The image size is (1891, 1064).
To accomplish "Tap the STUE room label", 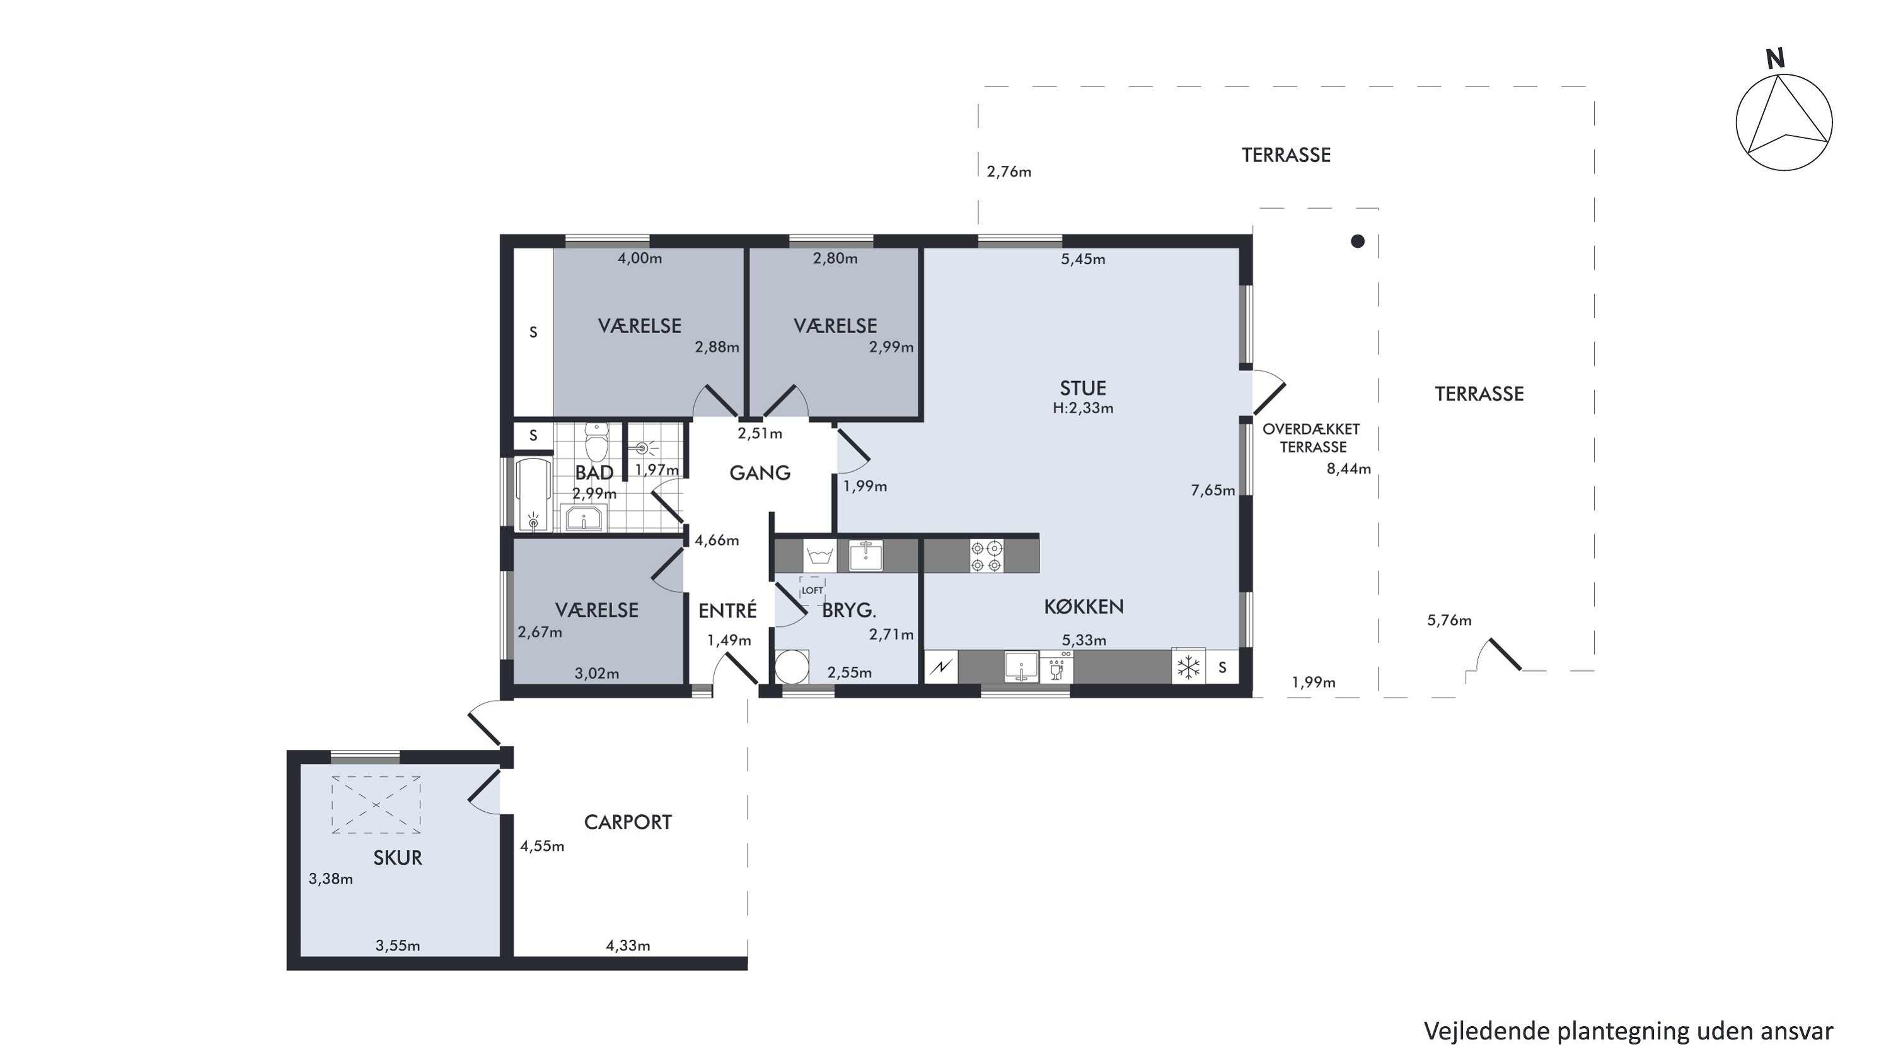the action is tap(1083, 389).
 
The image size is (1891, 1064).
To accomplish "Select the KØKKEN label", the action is tap(1084, 607).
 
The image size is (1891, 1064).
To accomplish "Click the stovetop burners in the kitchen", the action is tap(986, 556).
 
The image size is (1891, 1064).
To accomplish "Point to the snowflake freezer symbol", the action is tap(1188, 667).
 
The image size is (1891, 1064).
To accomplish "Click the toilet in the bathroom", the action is tap(596, 441).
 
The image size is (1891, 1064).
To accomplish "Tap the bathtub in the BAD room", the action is tap(534, 495).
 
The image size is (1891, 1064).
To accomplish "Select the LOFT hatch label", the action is tap(812, 590).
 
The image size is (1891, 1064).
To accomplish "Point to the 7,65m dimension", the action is tap(1213, 491).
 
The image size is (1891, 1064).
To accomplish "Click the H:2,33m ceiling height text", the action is tap(1083, 408).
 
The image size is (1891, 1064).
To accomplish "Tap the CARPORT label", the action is tap(628, 822).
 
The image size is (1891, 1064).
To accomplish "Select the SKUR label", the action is tap(397, 858).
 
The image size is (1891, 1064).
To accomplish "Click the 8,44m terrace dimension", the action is tap(1348, 469).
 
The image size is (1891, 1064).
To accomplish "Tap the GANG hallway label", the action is tap(760, 473).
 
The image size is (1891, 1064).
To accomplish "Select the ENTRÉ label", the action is tap(727, 610).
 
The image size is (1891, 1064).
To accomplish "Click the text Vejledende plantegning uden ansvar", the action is tap(1628, 1031).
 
